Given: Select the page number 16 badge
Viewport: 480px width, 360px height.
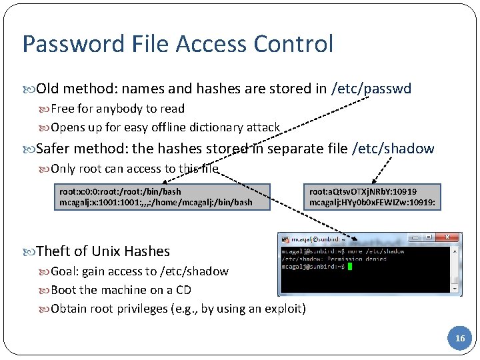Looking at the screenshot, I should (x=460, y=339).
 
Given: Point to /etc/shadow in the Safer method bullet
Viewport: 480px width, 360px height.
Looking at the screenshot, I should (x=393, y=149).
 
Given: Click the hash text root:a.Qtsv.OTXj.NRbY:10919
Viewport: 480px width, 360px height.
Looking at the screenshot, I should (x=363, y=191).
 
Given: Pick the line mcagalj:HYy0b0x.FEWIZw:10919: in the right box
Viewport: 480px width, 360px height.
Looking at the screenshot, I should (x=372, y=201).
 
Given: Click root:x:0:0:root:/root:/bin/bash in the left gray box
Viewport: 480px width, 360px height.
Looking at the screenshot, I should (x=120, y=191).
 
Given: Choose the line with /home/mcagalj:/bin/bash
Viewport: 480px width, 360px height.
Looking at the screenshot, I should (x=155, y=202).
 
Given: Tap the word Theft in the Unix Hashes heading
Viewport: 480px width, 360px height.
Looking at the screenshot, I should (x=53, y=251).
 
